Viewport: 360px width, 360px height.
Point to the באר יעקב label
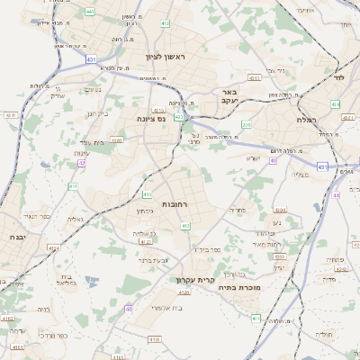tap(229, 97)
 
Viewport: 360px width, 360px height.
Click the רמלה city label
tap(308, 119)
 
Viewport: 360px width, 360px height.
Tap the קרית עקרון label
tap(197, 280)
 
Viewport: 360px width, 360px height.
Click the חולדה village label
tap(322, 334)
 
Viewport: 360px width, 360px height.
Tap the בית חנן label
tap(97, 113)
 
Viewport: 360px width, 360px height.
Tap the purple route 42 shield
tap(82, 163)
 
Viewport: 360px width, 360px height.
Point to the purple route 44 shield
tap(336, 194)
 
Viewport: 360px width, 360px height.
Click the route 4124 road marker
tap(53, 247)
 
